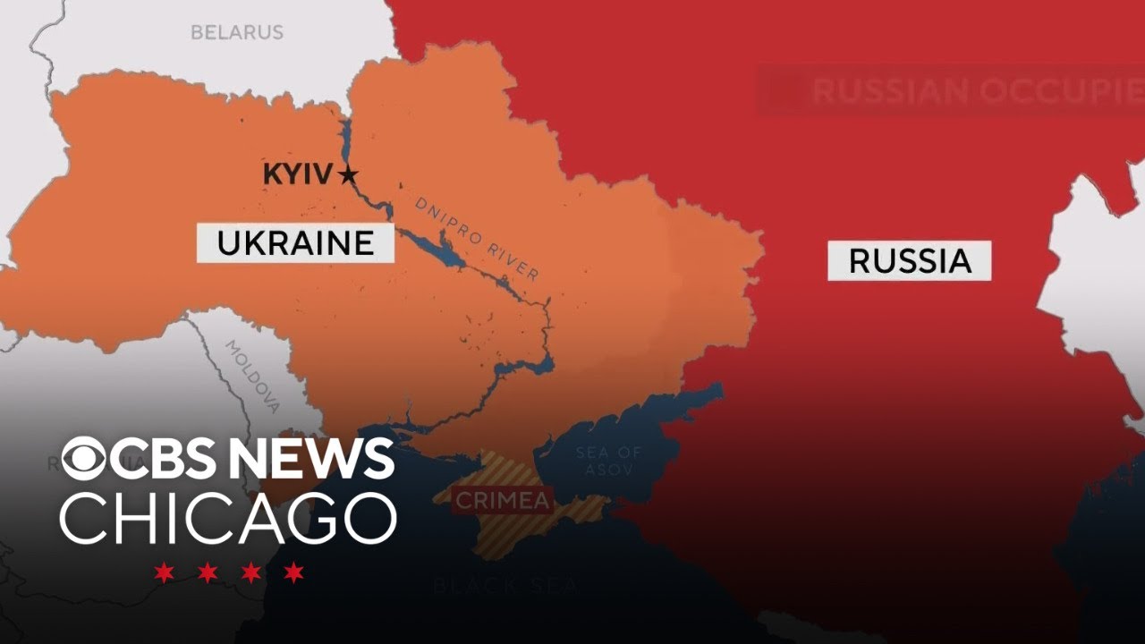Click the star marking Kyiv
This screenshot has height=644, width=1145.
[x=348, y=175]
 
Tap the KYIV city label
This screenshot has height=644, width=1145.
[x=297, y=174]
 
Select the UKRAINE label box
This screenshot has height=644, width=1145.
[x=295, y=243]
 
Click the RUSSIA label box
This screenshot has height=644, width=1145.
[x=909, y=260]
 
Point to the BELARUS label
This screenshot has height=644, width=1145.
[x=236, y=32]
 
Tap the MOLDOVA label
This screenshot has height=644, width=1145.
[x=252, y=376]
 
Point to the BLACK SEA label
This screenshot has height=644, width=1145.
[x=505, y=587]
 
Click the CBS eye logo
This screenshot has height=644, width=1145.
[x=84, y=460]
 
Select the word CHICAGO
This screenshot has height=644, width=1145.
[x=228, y=518]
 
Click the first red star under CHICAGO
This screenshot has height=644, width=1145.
[x=164, y=572]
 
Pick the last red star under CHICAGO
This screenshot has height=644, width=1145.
[x=293, y=572]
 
